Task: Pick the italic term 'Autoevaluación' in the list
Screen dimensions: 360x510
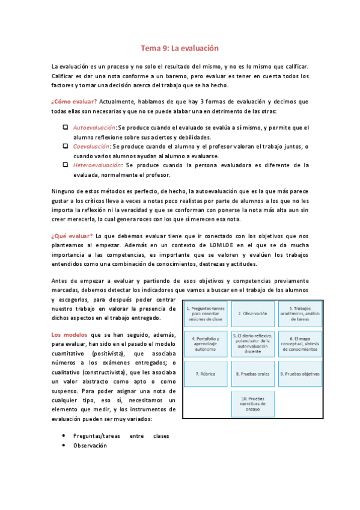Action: [x=95, y=128]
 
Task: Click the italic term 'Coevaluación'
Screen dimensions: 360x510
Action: [x=91, y=146]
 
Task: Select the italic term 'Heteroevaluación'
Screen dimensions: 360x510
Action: [x=97, y=164]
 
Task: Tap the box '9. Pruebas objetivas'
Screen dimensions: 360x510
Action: [x=297, y=373]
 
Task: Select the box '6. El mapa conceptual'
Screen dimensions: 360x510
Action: [x=297, y=343]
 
